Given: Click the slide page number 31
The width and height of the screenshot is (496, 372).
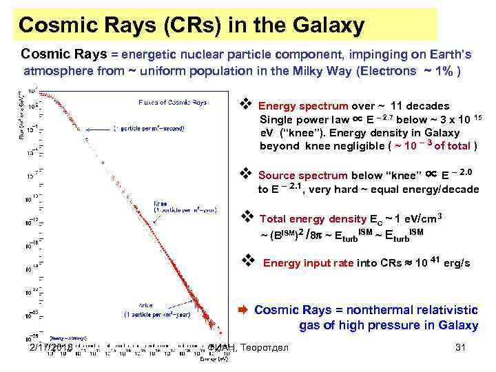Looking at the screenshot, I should point(461,348).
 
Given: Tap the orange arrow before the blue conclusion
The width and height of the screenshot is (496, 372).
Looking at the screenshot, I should point(243,309).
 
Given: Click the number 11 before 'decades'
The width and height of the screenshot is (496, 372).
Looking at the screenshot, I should point(397,106).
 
